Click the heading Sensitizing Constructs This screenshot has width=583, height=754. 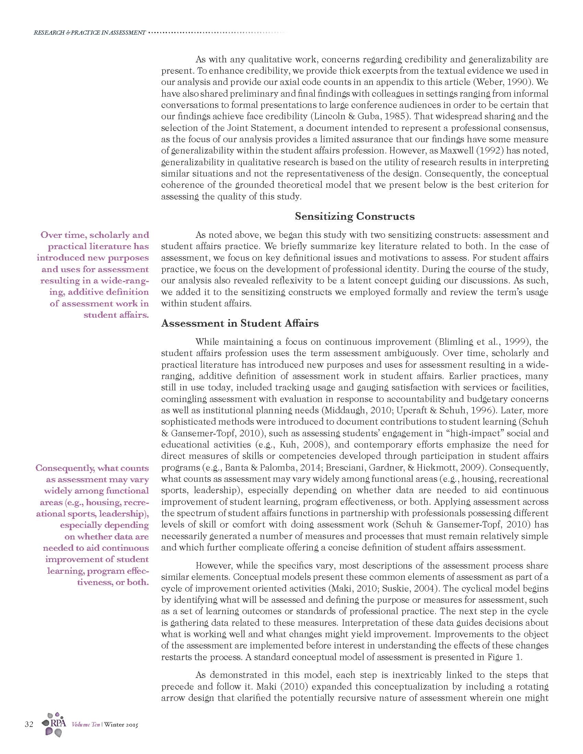[354, 217]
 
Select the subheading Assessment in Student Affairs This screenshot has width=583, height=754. [240, 323]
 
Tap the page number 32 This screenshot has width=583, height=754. [29, 724]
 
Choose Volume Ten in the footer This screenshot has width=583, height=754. [86, 725]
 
